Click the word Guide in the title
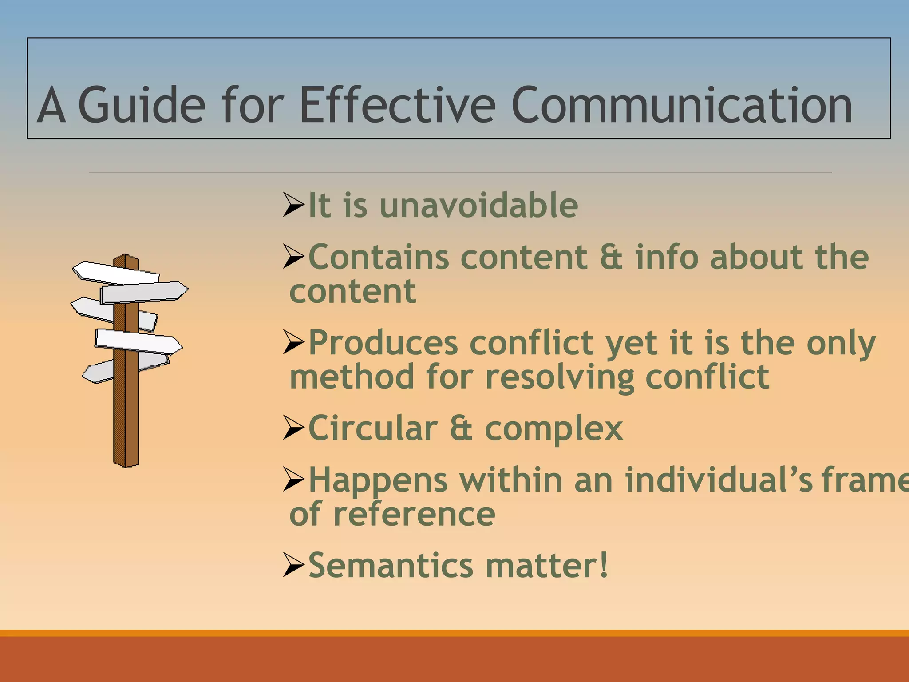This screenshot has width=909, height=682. [142, 105]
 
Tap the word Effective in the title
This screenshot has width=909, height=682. [397, 105]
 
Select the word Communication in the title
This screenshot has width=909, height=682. [681, 105]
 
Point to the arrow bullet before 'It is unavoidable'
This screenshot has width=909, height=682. [293, 205]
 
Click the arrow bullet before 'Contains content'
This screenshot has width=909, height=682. [293, 257]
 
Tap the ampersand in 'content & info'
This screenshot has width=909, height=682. [611, 257]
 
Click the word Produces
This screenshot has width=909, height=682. [383, 343]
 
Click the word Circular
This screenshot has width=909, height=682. [373, 428]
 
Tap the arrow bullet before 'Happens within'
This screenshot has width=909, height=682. [293, 480]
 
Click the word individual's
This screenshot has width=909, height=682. [719, 480]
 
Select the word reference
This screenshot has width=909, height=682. [414, 514]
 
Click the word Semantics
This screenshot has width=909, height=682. [391, 566]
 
